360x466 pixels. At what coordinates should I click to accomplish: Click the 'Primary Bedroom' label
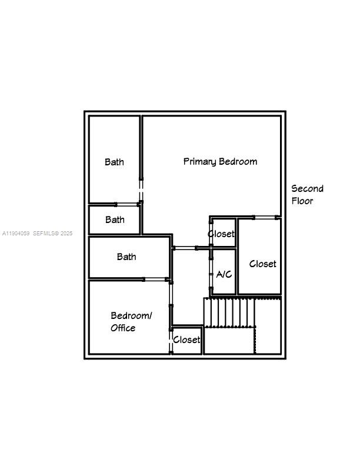220,161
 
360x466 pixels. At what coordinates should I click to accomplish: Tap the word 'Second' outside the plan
307,189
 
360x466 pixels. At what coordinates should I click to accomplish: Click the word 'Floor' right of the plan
302,201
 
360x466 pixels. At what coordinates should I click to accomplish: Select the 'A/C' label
224,274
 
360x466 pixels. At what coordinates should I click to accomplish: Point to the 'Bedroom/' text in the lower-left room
131,316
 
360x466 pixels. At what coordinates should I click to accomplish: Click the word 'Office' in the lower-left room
123,328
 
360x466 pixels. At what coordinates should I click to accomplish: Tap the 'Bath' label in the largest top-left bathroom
114,162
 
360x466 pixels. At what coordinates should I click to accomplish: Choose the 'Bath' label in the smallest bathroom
115,219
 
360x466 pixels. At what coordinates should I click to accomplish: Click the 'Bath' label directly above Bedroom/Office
126,257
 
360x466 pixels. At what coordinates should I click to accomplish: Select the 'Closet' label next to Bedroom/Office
186,339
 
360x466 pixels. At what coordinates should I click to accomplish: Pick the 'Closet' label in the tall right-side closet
262,264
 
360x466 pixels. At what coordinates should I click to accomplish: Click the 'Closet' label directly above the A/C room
221,234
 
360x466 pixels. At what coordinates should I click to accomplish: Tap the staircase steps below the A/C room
230,312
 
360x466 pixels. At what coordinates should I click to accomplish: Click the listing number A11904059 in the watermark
15,234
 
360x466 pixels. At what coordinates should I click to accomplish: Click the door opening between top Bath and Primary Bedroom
141,191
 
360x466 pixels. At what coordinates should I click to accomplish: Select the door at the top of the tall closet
265,218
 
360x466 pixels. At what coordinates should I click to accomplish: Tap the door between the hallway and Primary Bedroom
185,248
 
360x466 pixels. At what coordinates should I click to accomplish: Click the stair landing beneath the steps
229,341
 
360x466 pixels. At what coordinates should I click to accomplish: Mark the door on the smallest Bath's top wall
126,204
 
